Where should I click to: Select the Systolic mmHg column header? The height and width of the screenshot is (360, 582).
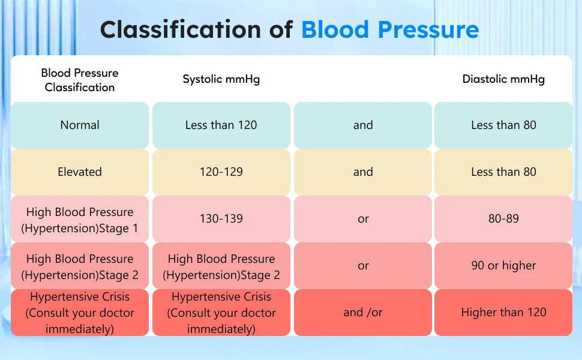click(x=221, y=79)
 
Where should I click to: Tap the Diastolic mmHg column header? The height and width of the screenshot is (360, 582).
click(x=503, y=79)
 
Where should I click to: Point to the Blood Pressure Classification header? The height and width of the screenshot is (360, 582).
click(x=80, y=80)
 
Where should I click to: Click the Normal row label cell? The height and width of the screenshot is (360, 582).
click(x=80, y=125)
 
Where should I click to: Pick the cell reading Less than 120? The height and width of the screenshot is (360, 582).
click(x=221, y=125)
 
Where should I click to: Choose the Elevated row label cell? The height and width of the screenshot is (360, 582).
click(x=80, y=172)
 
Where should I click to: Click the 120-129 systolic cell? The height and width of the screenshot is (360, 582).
click(x=221, y=172)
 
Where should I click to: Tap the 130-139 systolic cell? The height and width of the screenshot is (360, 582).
click(x=221, y=219)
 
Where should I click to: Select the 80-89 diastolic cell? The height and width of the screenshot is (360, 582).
click(x=503, y=219)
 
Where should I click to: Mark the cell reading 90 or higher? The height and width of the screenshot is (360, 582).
click(x=503, y=266)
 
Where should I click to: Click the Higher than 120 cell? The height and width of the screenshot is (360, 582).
click(x=503, y=313)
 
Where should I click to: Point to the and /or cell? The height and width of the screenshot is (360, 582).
click(x=362, y=313)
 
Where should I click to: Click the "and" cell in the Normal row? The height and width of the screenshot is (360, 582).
click(x=362, y=125)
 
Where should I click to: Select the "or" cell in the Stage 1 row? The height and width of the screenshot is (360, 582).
click(x=362, y=219)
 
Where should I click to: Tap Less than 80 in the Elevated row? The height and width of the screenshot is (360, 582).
click(x=503, y=172)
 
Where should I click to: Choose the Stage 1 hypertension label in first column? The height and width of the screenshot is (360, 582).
click(x=80, y=220)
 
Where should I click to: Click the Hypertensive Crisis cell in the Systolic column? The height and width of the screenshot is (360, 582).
click(x=221, y=313)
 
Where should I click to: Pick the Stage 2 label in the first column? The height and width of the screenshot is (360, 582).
click(x=80, y=266)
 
